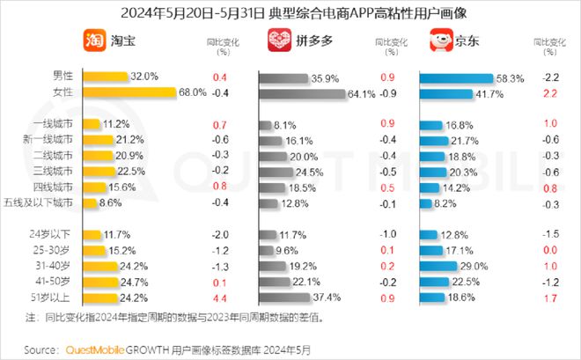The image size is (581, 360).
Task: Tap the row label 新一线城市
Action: pyautogui.click(x=51, y=139)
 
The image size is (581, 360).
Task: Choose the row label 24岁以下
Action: pyautogui.click(x=55, y=233)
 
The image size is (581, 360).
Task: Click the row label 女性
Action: pyautogui.click(x=63, y=92)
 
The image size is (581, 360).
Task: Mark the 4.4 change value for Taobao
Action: pyautogui.click(x=220, y=298)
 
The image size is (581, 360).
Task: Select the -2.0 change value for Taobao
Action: pyautogui.click(x=220, y=233)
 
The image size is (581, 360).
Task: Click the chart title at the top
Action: pyautogui.click(x=290, y=12)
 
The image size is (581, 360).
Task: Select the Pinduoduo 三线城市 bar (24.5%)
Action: pyautogui.click(x=285, y=171)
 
